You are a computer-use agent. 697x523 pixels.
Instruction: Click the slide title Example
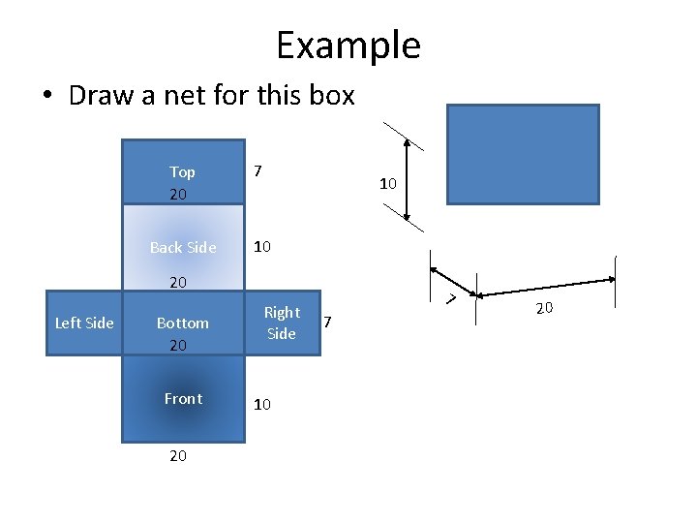(348, 46)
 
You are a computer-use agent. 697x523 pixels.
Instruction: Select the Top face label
(182, 171)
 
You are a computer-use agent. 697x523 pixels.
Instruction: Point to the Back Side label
(183, 247)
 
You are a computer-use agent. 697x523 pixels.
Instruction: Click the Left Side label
(84, 323)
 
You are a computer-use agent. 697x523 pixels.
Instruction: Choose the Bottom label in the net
(182, 323)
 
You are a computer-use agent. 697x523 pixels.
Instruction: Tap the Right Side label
(282, 323)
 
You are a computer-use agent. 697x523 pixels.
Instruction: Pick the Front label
(183, 398)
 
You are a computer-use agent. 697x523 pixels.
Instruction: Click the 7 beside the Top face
(258, 171)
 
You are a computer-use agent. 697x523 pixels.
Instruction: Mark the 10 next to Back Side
(261, 247)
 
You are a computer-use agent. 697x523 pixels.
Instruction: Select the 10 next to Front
(261, 405)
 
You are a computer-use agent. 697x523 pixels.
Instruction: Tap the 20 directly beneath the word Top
(178, 195)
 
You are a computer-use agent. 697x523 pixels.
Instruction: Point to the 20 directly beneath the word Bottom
(178, 345)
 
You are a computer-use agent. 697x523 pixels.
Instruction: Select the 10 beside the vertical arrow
(387, 183)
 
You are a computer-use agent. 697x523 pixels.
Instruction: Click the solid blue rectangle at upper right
(523, 154)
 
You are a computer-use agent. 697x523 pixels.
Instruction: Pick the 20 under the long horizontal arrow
(544, 308)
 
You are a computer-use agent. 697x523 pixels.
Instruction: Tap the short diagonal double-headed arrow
(453, 281)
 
